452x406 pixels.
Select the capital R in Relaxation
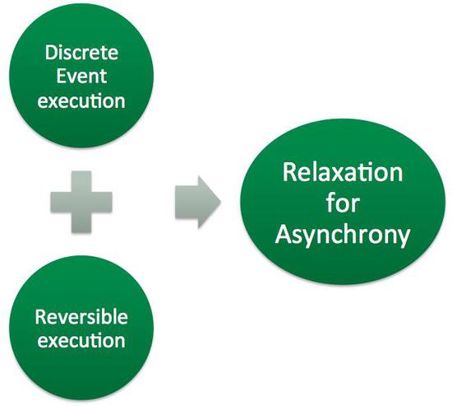point(288,175)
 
